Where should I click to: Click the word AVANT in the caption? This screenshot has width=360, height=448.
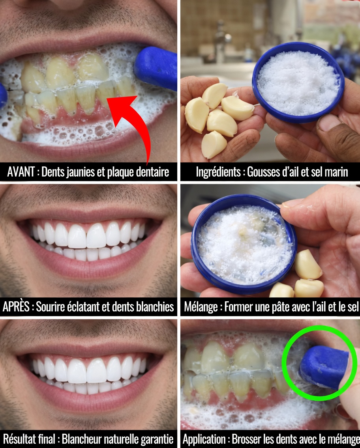pos(20,172)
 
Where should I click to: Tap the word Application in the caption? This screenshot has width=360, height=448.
pos(204,439)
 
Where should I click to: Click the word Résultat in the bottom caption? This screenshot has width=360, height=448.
pos(17,439)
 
